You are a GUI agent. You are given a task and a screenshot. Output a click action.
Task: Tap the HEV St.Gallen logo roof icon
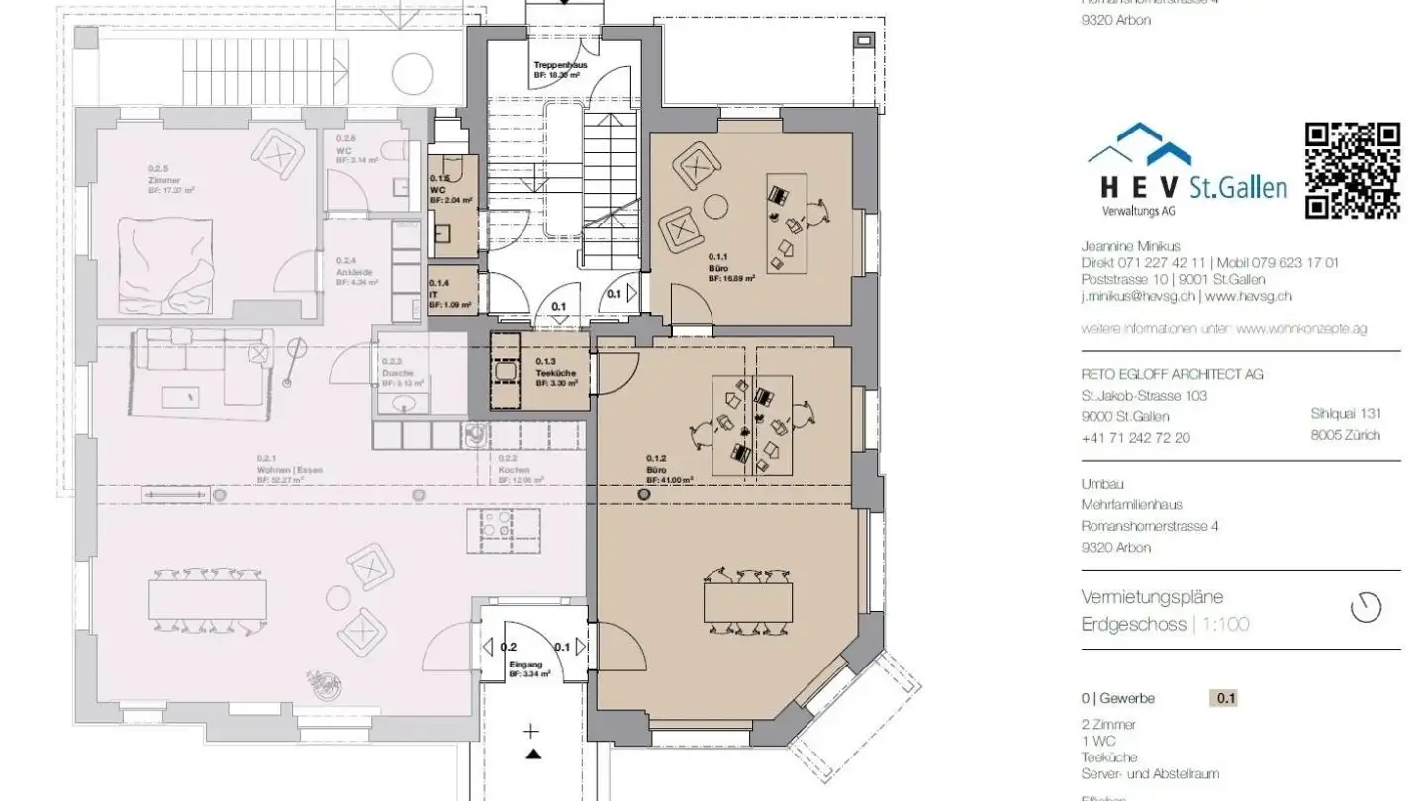[x=1140, y=147]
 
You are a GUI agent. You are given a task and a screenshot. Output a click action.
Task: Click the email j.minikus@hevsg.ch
[x=1137, y=296]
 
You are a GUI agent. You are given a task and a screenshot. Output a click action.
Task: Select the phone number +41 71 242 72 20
[x=1135, y=437]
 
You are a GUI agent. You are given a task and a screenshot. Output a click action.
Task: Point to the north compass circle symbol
[x=1366, y=607]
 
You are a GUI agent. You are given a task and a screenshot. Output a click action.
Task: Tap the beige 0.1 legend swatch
[x=1225, y=699]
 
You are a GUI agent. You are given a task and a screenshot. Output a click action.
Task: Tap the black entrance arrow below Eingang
[x=533, y=755]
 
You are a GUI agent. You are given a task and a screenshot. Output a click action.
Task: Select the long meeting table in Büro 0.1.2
[x=747, y=602]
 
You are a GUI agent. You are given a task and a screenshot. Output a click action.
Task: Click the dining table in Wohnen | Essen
[x=208, y=599]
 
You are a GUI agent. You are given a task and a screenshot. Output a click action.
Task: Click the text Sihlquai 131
[x=1345, y=414]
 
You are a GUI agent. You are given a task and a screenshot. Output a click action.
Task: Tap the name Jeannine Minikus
[x=1130, y=246]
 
